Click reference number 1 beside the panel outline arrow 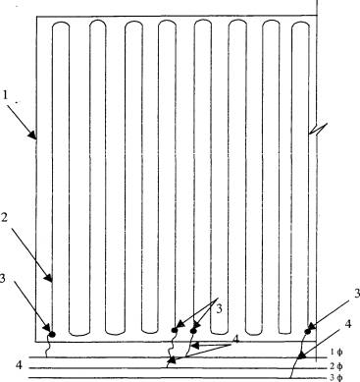[5, 95]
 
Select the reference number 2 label [4, 218]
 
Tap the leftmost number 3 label [2, 278]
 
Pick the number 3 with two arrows [220, 308]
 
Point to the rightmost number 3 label [357, 294]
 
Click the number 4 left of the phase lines [20, 364]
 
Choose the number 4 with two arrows [235, 340]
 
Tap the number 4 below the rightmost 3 [348, 324]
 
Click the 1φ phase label [335, 353]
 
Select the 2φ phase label [336, 366]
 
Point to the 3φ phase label [336, 378]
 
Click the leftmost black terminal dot [52, 334]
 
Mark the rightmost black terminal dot [307, 332]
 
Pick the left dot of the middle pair [175, 330]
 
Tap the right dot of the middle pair [193, 331]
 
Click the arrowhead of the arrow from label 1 [33, 136]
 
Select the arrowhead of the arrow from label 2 [49, 278]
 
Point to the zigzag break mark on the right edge [318, 129]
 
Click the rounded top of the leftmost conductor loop [61, 24]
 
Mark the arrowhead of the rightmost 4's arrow [301, 355]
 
